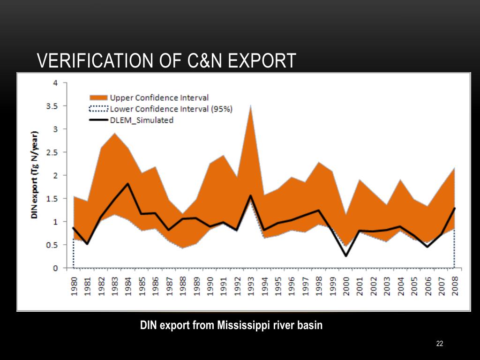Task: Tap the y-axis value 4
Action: [x=55, y=83]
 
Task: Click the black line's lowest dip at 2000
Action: [x=346, y=255]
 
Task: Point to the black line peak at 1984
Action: [x=128, y=184]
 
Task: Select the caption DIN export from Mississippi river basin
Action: [x=232, y=325]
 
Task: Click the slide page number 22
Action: [x=439, y=344]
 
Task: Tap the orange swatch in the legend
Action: [x=98, y=97]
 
